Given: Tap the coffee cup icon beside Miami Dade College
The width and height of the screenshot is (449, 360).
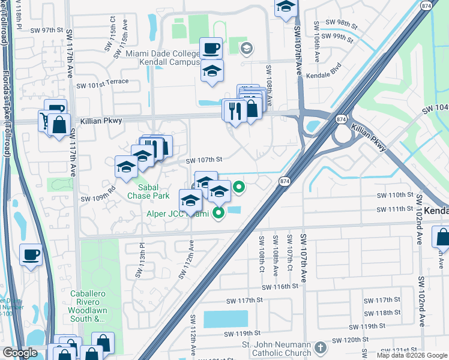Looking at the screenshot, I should tap(211, 47).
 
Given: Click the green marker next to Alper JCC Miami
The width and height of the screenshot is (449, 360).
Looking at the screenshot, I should tap(218, 212).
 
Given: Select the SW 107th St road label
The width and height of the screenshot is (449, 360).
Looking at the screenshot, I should tap(204, 160).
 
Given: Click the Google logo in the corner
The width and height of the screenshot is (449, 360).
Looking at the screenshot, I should tap(19, 353).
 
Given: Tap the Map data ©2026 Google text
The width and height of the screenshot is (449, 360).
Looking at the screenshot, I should tap(411, 355).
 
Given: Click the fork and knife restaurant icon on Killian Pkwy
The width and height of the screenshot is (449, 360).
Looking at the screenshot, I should tap(234, 110).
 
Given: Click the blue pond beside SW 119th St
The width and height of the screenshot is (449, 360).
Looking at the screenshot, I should tap(225, 319).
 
